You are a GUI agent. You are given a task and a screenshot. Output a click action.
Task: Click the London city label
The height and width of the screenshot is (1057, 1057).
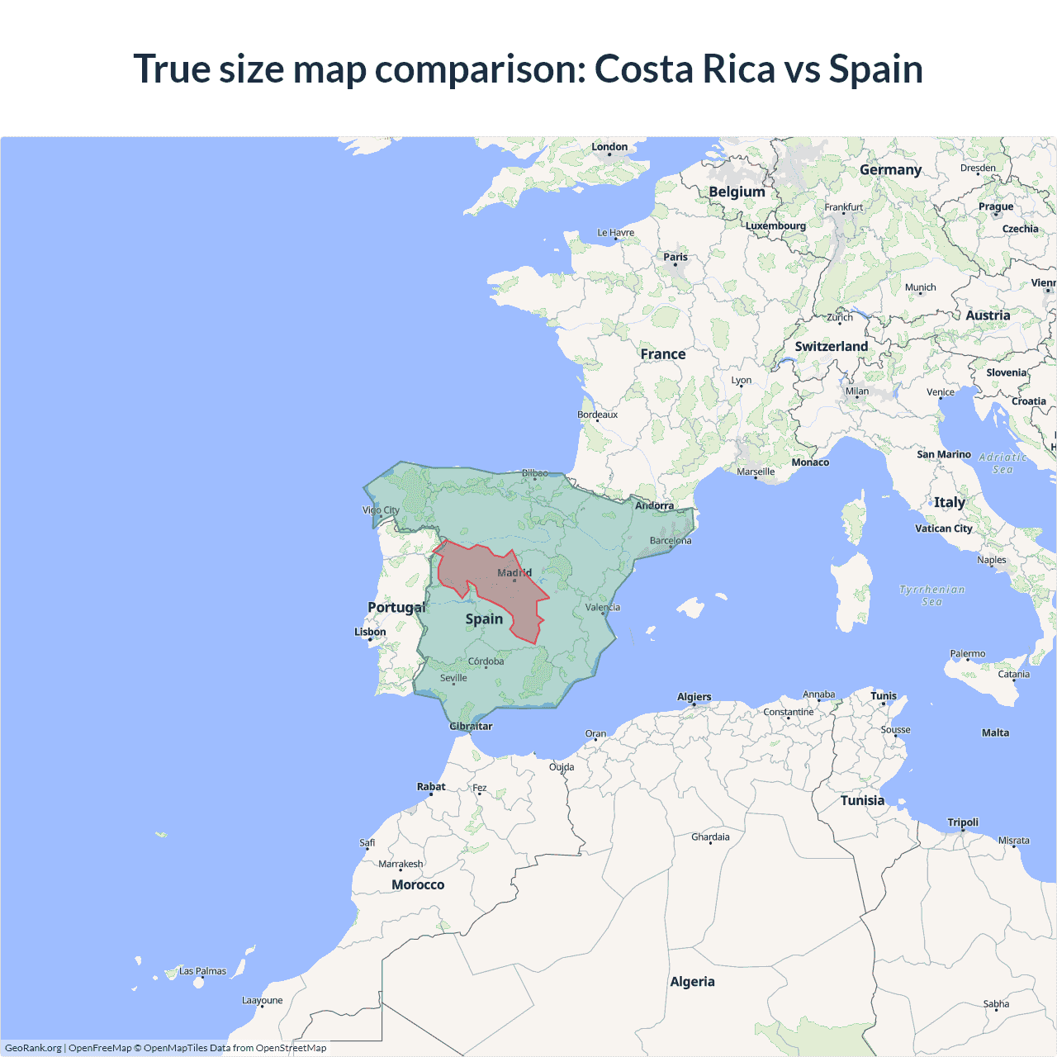pyautogui.click(x=609, y=147)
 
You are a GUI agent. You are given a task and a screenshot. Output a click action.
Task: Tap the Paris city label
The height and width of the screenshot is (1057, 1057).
pyautogui.click(x=675, y=257)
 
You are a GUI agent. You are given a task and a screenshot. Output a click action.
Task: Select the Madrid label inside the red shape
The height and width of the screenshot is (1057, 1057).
pyautogui.click(x=514, y=572)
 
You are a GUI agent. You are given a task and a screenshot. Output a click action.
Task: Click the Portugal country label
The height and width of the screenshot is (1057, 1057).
pyautogui.click(x=396, y=607)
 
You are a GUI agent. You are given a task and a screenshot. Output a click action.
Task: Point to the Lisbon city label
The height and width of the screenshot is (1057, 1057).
pyautogui.click(x=370, y=632)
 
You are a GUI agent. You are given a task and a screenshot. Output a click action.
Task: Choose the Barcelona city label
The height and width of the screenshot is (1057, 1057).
pyautogui.click(x=671, y=541)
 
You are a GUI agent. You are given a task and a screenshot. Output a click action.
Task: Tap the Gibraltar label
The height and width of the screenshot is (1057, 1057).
pyautogui.click(x=471, y=727)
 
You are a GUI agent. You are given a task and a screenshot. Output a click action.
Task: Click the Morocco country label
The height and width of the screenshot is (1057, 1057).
pyautogui.click(x=418, y=884)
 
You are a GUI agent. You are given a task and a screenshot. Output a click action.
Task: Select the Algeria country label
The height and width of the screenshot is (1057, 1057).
pyautogui.click(x=692, y=981)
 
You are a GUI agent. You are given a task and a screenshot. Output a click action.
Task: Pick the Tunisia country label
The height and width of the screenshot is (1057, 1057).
pyautogui.click(x=862, y=800)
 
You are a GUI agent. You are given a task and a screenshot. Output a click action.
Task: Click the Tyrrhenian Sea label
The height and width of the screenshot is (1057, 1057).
pyautogui.click(x=931, y=595)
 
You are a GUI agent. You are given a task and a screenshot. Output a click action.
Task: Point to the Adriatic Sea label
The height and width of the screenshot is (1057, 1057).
pyautogui.click(x=1002, y=463)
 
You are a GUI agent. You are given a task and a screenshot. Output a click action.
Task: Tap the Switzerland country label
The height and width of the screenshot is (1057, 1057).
pyautogui.click(x=831, y=346)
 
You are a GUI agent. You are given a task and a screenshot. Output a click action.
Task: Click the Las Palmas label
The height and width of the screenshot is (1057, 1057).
pyautogui.click(x=202, y=971)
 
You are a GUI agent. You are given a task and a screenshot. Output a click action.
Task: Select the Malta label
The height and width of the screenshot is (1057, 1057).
pyautogui.click(x=995, y=732)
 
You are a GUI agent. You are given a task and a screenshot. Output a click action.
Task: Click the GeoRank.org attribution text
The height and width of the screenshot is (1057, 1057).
pyautogui.click(x=33, y=1048)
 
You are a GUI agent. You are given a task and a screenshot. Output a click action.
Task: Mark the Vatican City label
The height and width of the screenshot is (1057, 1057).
pyautogui.click(x=943, y=528)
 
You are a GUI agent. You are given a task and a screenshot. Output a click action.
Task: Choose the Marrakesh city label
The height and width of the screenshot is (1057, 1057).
pyautogui.click(x=401, y=864)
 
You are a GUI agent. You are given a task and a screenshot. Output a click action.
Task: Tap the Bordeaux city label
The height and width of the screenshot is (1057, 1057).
pyautogui.click(x=598, y=415)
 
